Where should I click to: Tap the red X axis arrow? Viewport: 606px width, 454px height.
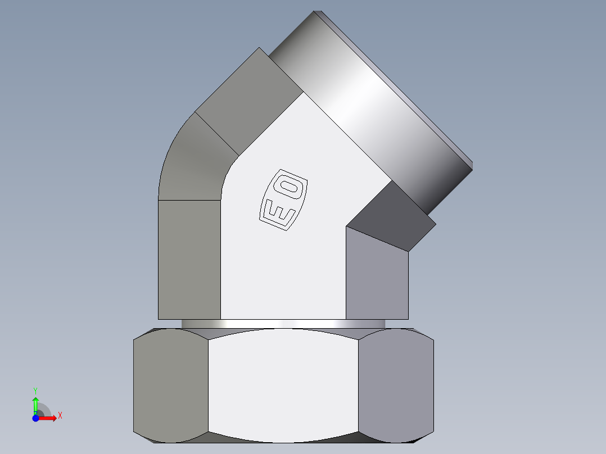pyautogui.click(x=50, y=418)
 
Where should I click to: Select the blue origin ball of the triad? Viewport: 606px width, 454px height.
pyautogui.click(x=35, y=418)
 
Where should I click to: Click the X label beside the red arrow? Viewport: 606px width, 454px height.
pyautogui.click(x=60, y=416)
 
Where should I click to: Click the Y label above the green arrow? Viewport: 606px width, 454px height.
pyautogui.click(x=35, y=390)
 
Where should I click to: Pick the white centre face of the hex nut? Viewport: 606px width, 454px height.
pyautogui.click(x=283, y=384)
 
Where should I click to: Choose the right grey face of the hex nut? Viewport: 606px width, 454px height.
pyautogui.click(x=396, y=384)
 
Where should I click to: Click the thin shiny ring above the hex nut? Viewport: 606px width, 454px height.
pyautogui.click(x=283, y=324)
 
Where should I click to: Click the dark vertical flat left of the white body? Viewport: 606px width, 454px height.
pyautogui.click(x=189, y=258)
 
